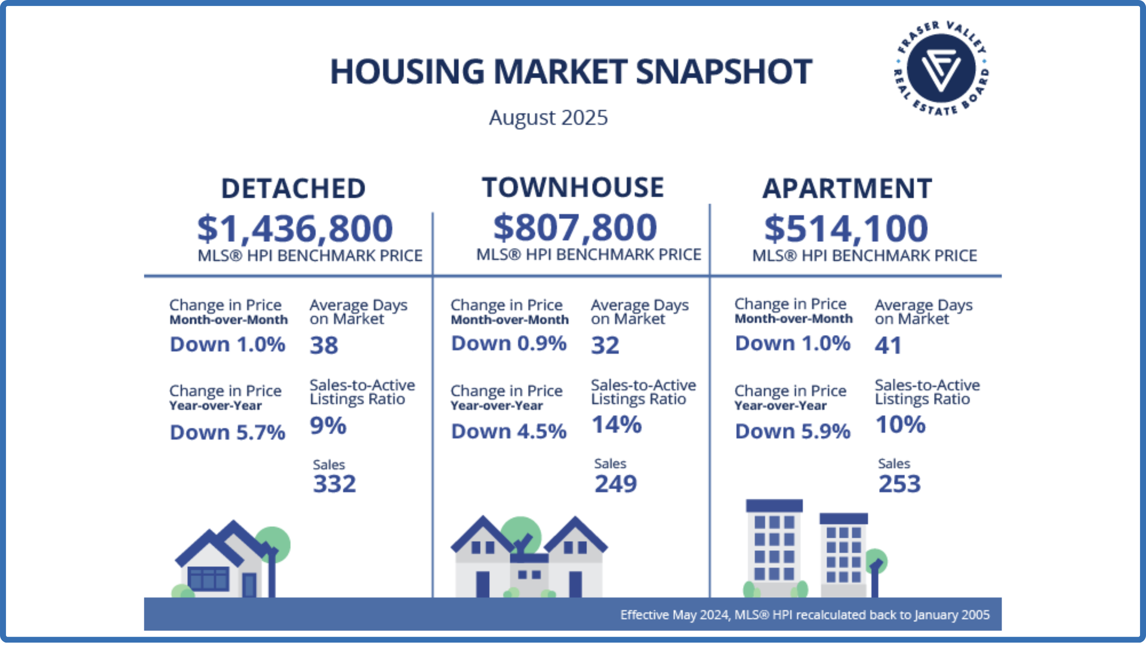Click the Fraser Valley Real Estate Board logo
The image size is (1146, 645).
941,68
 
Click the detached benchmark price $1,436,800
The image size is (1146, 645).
295,228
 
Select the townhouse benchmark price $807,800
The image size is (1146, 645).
575,227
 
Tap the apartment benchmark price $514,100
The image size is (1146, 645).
846,228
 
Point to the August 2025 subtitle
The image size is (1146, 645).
548,118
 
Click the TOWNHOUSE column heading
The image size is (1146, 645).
572,188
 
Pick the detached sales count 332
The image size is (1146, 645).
334,484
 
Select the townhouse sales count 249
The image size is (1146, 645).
615,484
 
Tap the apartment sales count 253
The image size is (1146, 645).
899,484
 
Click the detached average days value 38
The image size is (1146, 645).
324,345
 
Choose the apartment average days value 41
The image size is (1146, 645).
888,345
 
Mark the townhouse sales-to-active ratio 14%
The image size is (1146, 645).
616,425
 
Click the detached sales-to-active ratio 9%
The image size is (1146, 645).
328,426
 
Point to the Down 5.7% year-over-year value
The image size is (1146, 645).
227,432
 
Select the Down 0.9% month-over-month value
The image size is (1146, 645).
509,343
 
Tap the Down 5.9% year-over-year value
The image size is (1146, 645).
792,431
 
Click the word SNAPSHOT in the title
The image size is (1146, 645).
723,72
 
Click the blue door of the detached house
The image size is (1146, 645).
249,584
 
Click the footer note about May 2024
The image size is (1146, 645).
804,615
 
